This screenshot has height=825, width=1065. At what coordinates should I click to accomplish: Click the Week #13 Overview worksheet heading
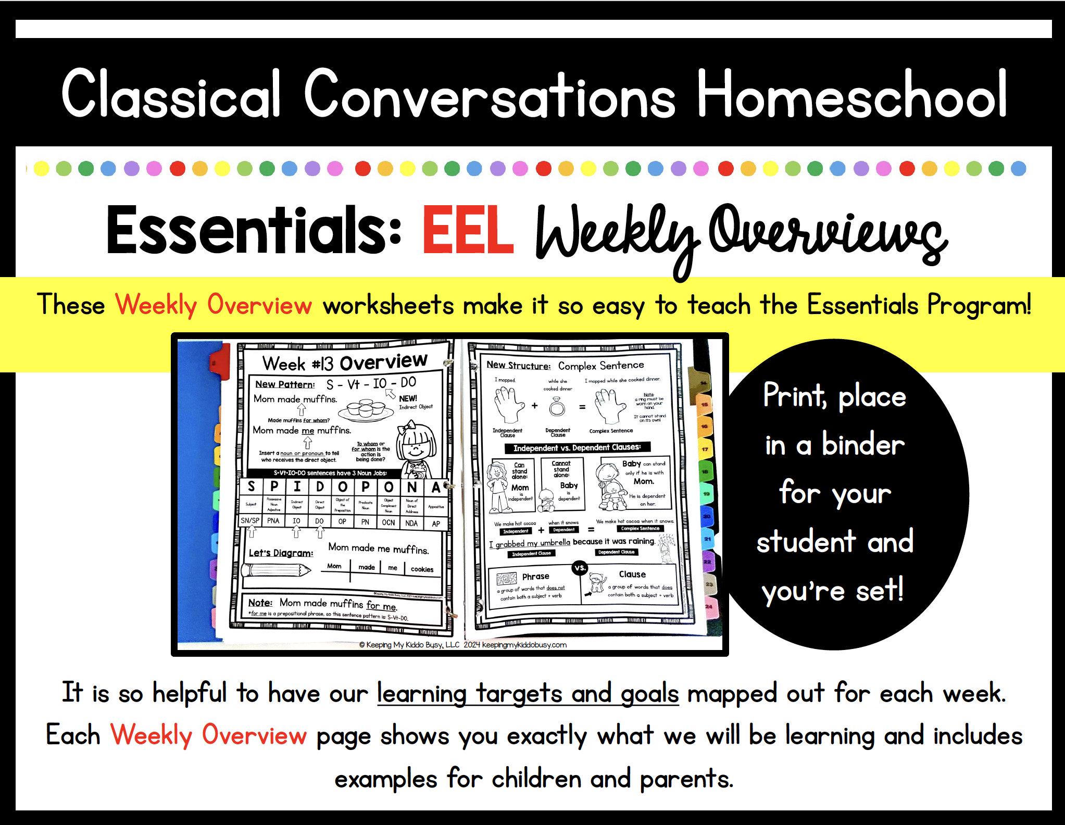click(344, 362)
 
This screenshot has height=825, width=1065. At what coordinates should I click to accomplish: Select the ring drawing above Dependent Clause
click(557, 407)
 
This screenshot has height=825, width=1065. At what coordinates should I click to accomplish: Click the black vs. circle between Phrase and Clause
click(579, 568)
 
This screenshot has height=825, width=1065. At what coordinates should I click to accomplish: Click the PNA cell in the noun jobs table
click(273, 521)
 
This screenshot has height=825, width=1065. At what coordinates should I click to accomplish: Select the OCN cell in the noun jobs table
click(388, 522)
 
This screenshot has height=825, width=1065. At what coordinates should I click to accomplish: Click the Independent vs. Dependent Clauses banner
click(577, 447)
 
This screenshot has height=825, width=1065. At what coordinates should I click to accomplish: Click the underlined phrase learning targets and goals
click(528, 694)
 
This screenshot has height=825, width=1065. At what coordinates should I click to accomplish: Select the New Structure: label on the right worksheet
click(518, 365)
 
